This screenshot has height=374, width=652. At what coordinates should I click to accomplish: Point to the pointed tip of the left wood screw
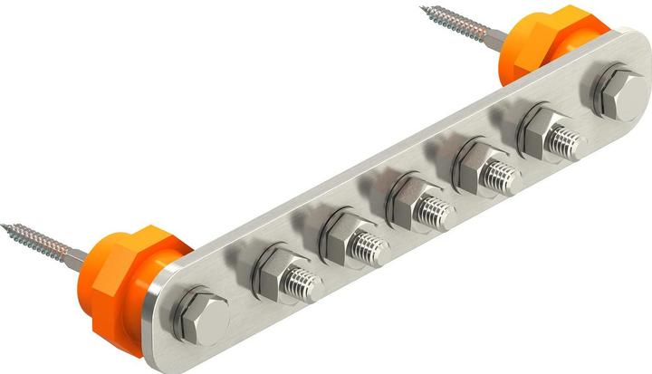pyautogui.click(x=4, y=225)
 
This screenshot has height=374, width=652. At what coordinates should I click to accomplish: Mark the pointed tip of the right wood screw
pyautogui.click(x=423, y=10)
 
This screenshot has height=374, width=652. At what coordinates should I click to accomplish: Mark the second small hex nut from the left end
pyautogui.click(x=340, y=234)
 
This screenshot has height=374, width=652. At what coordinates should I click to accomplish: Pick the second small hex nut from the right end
pyautogui.click(x=473, y=163)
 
